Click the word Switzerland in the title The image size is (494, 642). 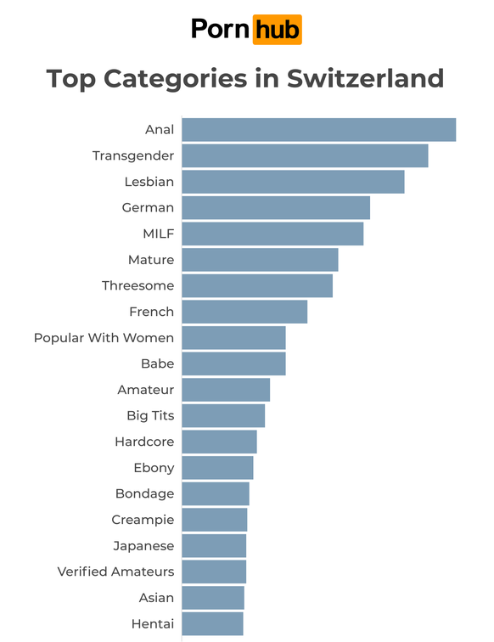pyautogui.click(x=366, y=78)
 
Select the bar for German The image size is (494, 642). pyautogui.click(x=276, y=208)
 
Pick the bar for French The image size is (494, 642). pyautogui.click(x=244, y=312)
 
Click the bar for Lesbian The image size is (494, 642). pyautogui.click(x=293, y=182)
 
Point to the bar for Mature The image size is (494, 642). pyautogui.click(x=260, y=260)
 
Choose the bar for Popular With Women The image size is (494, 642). pyautogui.click(x=233, y=338)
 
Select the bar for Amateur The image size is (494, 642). pyautogui.click(x=226, y=390)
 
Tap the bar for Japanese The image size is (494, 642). pyautogui.click(x=214, y=546)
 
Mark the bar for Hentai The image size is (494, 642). pyautogui.click(x=212, y=624)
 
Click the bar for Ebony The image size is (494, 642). pyautogui.click(x=217, y=468)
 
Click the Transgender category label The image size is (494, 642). pyautogui.click(x=133, y=156)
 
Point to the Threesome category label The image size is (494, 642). pyautogui.click(x=138, y=286)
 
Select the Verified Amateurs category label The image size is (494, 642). pyautogui.click(x=115, y=572)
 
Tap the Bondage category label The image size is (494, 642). pyautogui.click(x=144, y=493)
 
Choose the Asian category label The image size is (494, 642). pyautogui.click(x=156, y=598)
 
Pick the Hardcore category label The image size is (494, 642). pyautogui.click(x=144, y=442)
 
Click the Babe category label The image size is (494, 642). pyautogui.click(x=157, y=363)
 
